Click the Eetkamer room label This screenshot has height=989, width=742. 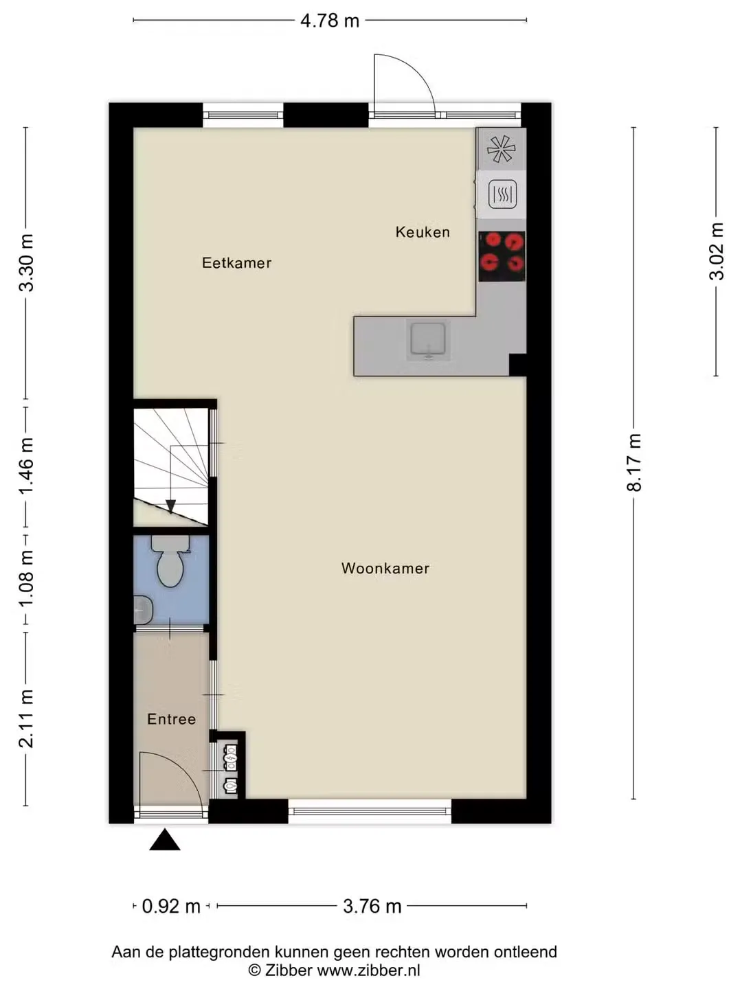click(x=236, y=262)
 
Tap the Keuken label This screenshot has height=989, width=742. click(x=423, y=232)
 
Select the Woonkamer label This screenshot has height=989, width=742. click(x=385, y=568)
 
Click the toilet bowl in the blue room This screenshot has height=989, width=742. click(x=170, y=561)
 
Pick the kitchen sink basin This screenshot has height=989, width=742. click(x=428, y=339)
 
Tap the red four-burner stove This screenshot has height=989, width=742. click(x=502, y=256)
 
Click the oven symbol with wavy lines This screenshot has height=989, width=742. click(x=502, y=194)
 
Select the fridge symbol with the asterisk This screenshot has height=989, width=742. click(x=502, y=148)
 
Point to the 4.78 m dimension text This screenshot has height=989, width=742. click(x=330, y=21)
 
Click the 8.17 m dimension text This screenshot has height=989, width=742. click(x=635, y=462)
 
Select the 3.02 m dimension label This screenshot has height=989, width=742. click(x=717, y=251)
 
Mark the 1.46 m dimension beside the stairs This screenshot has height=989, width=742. click(x=26, y=466)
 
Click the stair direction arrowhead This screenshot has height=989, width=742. click(x=171, y=506)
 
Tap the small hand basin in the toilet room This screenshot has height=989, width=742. click(x=144, y=610)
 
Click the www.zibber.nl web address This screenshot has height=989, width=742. click(x=369, y=970)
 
